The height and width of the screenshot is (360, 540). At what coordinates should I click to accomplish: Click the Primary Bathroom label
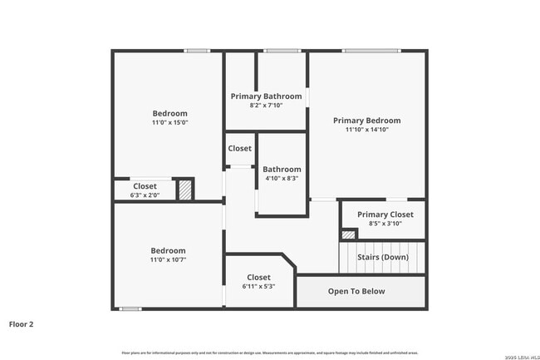coord(265,96)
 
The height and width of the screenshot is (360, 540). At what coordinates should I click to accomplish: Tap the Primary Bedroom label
coord(367,120)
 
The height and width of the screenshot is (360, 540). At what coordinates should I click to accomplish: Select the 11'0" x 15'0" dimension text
coord(169,122)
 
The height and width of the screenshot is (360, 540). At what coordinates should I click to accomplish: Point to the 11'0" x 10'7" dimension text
coord(168,259)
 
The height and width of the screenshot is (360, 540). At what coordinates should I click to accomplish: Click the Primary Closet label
coord(385,215)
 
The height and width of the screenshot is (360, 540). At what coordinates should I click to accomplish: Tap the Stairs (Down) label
coord(382,257)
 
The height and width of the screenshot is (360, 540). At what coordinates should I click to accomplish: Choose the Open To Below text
coord(356,291)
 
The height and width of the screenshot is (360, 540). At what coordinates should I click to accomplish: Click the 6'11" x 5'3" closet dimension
coord(258,286)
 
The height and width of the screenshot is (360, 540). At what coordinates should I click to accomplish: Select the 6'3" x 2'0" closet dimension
coord(145,195)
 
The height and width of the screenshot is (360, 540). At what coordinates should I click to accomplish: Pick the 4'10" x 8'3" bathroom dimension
coord(282,178)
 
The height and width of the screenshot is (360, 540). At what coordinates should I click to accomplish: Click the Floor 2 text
coord(21,323)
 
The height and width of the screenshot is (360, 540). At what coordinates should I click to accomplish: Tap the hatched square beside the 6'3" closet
coord(184,190)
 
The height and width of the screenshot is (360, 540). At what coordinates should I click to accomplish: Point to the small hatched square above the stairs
coord(349,235)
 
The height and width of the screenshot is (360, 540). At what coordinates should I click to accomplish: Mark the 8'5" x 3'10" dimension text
coord(385,223)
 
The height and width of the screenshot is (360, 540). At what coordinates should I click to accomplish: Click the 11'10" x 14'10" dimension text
coord(367,130)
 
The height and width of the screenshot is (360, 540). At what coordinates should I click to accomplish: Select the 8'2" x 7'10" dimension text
coord(265,106)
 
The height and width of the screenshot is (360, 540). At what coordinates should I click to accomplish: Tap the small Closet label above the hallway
coord(240,148)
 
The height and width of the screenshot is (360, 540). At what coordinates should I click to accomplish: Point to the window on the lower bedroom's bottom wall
coord(130,309)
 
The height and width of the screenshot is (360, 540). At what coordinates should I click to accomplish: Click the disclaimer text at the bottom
coord(269,353)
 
